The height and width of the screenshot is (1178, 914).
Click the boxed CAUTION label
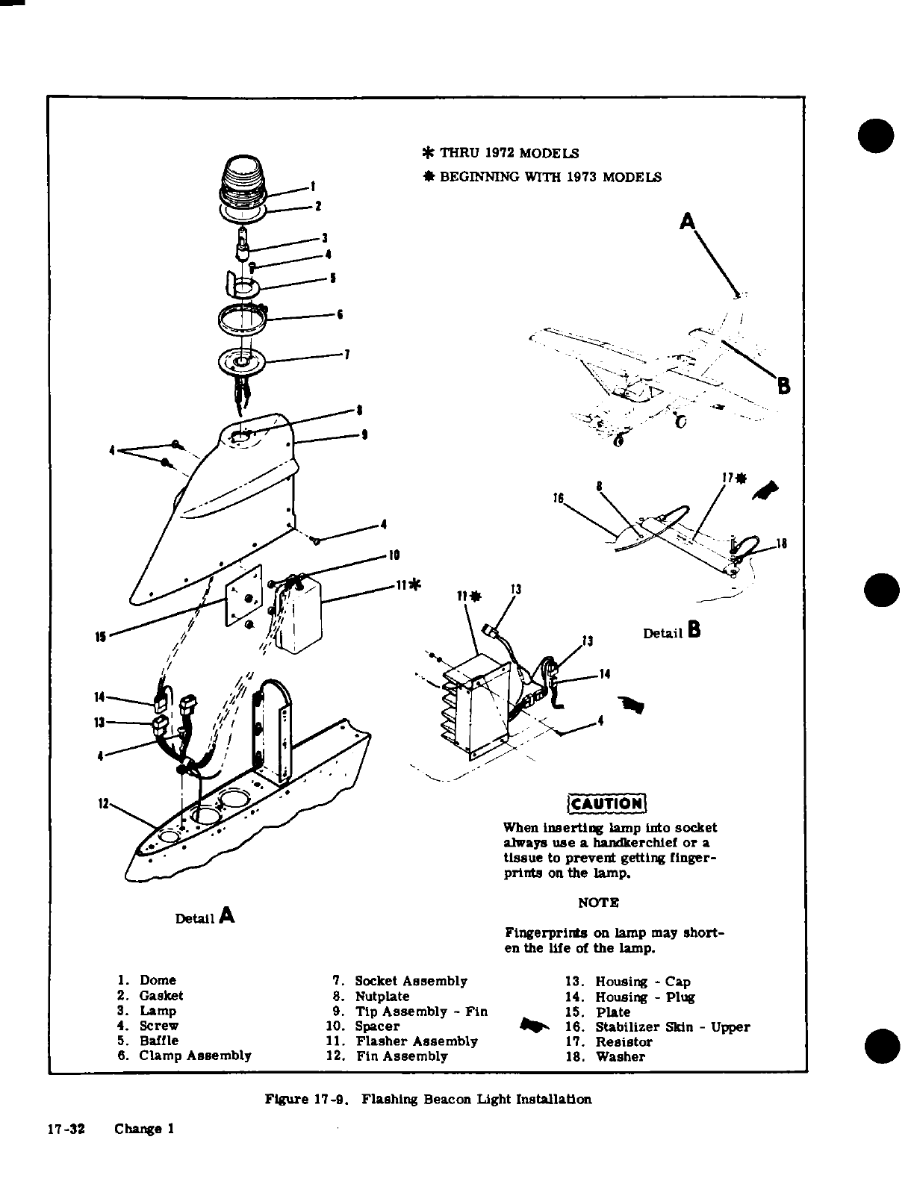point(606,803)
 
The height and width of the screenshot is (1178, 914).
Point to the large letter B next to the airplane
point(783,386)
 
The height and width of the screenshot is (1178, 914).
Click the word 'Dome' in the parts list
point(158,980)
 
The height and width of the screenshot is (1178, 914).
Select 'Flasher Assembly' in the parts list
point(416,1041)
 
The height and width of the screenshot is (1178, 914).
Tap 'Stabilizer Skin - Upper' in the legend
point(672,1026)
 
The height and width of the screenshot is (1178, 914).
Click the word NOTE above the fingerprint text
point(599,903)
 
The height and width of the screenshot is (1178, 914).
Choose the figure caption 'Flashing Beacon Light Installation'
point(429,1099)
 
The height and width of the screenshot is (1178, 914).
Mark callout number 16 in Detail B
point(557,498)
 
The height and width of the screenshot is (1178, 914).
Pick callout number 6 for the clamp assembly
point(339,314)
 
